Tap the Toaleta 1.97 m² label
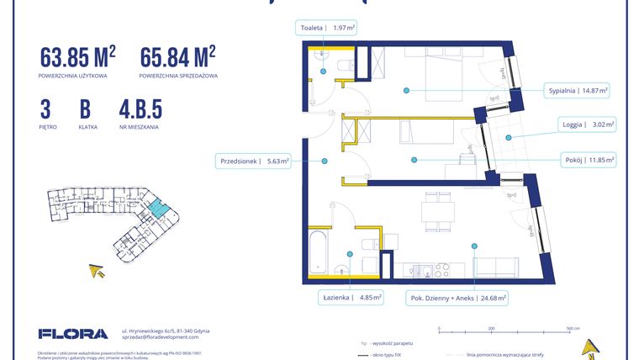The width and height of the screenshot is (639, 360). (x=328, y=28)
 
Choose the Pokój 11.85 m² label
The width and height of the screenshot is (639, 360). (x=588, y=159)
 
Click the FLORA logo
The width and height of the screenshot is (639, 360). (x=73, y=333)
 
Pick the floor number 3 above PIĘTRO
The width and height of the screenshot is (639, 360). (x=45, y=110)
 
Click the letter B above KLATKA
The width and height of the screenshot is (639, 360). (x=85, y=110)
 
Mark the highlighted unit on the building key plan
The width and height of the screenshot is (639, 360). (x=157, y=209)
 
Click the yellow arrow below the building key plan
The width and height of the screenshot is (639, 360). (x=98, y=271)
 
